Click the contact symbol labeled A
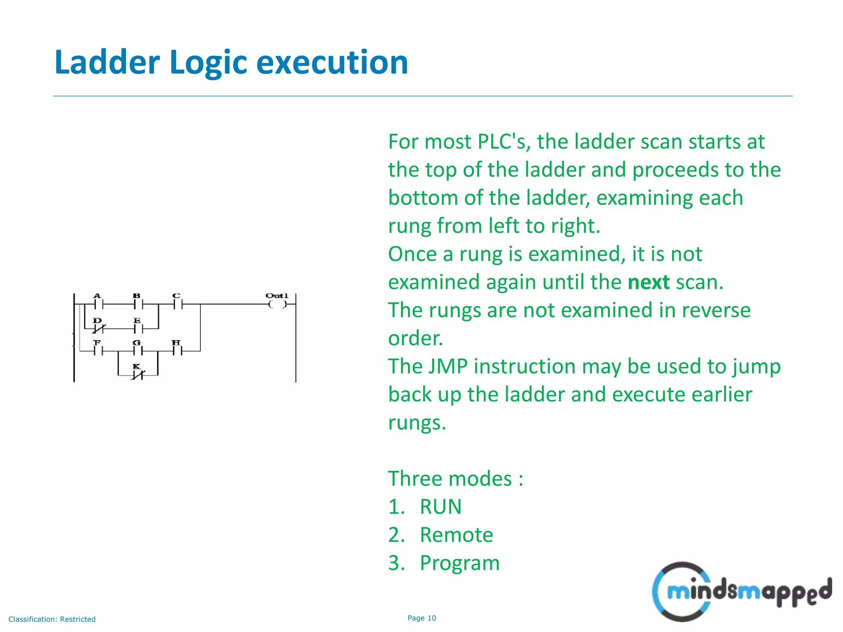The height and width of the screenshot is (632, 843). [98, 304]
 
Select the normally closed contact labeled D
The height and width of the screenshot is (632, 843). [98, 329]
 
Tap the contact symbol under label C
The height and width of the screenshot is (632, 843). [177, 304]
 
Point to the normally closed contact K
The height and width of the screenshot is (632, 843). [137, 375]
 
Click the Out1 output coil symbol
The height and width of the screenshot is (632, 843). [277, 304]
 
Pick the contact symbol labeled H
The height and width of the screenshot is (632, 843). [177, 351]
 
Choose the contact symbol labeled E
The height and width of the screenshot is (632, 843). [138, 329]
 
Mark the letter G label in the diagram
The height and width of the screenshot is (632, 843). [137, 342]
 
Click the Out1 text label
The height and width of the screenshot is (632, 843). [277, 295]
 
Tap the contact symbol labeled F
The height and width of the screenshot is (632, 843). [98, 351]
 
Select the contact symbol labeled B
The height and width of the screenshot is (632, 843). [138, 304]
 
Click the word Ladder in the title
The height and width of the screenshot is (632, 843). [107, 62]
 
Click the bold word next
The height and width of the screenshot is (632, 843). [649, 282]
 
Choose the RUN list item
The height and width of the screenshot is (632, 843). [440, 507]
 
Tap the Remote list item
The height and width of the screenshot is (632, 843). [456, 535]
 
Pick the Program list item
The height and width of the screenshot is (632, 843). [459, 563]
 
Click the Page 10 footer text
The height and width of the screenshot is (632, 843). [421, 618]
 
